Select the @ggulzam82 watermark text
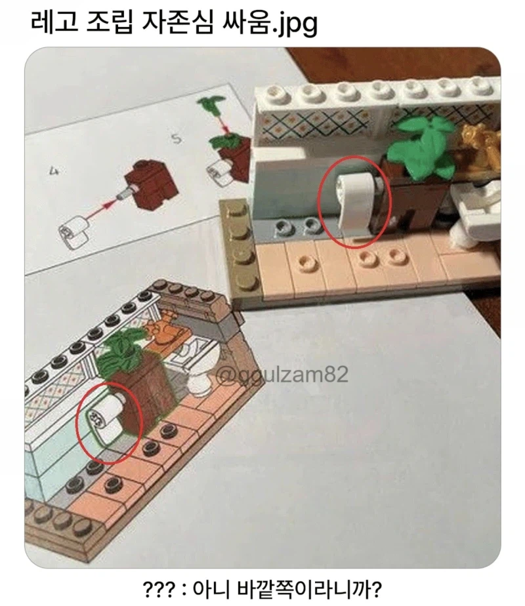tap(282, 374)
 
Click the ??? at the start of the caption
tap(159, 588)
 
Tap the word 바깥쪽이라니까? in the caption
tap(309, 588)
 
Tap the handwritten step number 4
tap(53, 171)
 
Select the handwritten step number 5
tap(177, 140)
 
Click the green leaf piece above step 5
tap(211, 104)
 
